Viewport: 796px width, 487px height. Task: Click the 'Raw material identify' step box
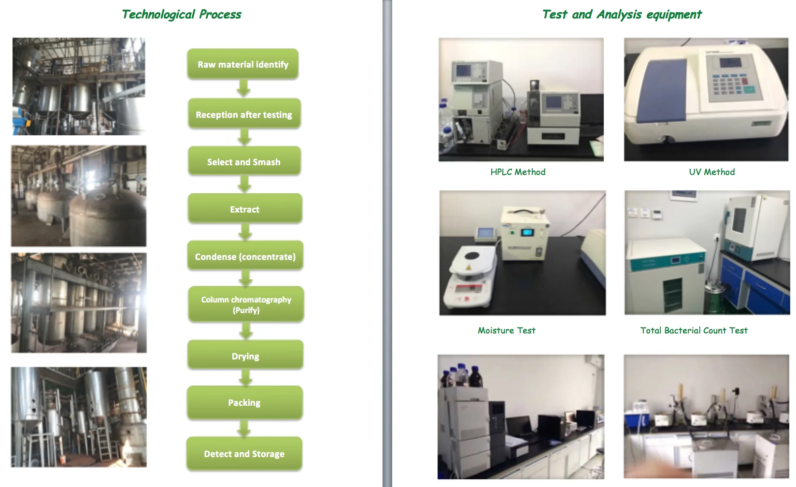(x=242, y=64)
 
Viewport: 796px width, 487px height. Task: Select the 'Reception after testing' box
(x=244, y=115)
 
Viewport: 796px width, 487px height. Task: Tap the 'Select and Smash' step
(x=244, y=162)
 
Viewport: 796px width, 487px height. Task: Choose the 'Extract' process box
(x=245, y=209)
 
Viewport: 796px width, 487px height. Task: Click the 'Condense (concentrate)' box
(x=245, y=257)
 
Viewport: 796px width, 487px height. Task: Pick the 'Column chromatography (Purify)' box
(x=246, y=304)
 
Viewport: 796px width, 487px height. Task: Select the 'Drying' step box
(x=245, y=356)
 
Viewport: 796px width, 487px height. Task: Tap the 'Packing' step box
(x=244, y=402)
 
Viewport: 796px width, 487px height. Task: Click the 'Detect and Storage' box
(x=244, y=454)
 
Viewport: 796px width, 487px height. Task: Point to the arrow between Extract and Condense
(x=245, y=232)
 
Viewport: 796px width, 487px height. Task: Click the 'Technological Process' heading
(x=181, y=14)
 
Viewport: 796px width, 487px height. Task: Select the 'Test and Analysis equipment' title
(x=622, y=14)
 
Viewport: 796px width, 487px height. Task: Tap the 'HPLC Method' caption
(x=518, y=172)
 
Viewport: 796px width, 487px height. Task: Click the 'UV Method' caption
(x=711, y=172)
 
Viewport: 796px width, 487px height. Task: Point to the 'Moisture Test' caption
(x=506, y=330)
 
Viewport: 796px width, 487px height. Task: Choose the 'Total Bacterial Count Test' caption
(x=694, y=330)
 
